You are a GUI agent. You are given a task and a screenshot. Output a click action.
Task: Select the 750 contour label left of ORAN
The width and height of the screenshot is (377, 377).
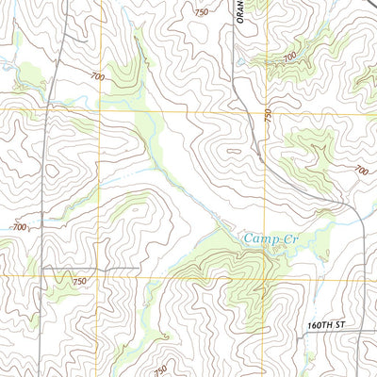point(200,12)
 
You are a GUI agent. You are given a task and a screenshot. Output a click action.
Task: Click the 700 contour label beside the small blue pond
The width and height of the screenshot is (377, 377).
point(289,57)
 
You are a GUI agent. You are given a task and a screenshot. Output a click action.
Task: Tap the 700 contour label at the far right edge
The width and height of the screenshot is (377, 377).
point(361,171)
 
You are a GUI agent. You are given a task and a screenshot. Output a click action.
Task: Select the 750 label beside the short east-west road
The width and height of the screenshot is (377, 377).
point(78,281)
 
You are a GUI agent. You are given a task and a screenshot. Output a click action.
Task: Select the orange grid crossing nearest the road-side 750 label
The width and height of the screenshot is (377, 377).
point(102,277)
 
